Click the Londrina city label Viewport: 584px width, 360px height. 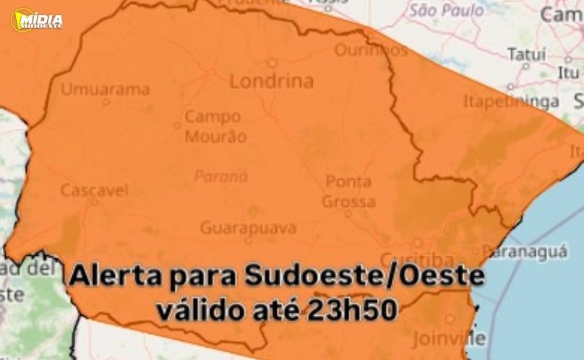[x=271, y=81]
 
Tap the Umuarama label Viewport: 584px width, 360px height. [x=106, y=90]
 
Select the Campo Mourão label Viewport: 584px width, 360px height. [x=215, y=126]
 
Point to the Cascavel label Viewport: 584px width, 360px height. [x=94, y=191]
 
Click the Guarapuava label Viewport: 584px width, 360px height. [x=248, y=228]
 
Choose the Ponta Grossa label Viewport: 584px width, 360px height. [x=348, y=192]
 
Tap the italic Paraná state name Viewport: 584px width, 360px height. [x=221, y=176]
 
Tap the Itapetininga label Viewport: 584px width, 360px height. [x=511, y=101]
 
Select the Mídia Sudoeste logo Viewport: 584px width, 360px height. [x=37, y=20]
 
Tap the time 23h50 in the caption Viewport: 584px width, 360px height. [x=351, y=310]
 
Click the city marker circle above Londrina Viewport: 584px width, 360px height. [x=272, y=63]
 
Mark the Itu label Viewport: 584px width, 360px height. [x=568, y=73]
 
